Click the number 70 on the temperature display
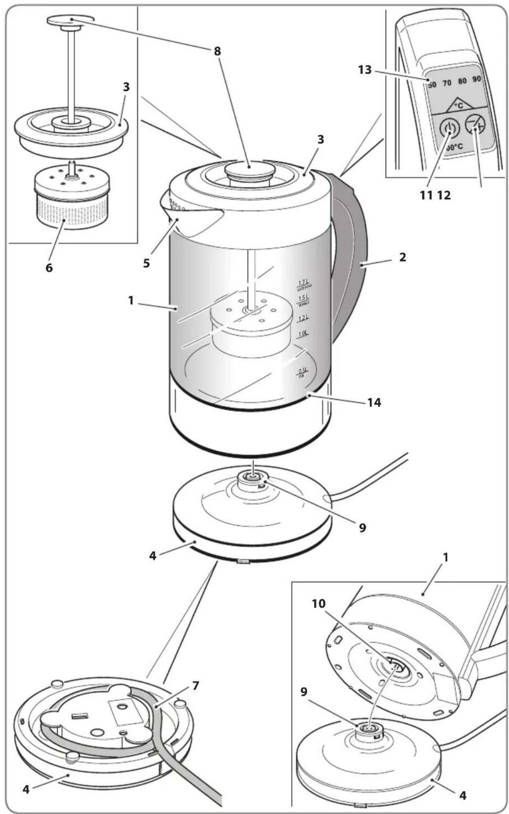[447, 83]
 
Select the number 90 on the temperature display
[477, 79]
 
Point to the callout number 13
[365, 69]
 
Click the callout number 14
[374, 402]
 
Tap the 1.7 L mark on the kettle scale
[303, 284]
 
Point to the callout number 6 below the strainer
[49, 268]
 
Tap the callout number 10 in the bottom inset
[319, 603]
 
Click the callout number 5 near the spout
[146, 264]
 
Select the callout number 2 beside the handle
[402, 257]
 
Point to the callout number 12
[444, 195]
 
